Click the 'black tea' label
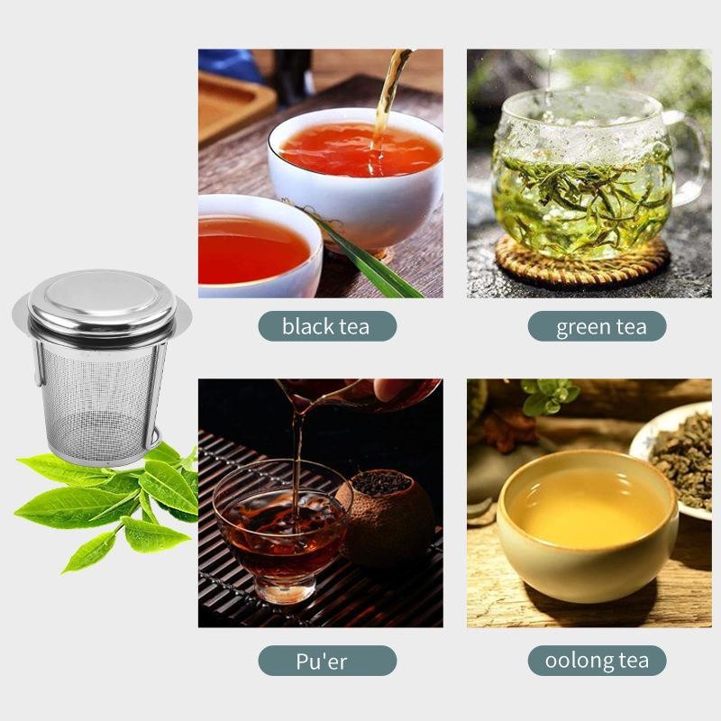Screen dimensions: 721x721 [x=326, y=326]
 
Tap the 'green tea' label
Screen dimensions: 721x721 [x=597, y=326]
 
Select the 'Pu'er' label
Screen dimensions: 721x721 [x=326, y=661]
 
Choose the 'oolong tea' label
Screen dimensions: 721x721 [x=597, y=661]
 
